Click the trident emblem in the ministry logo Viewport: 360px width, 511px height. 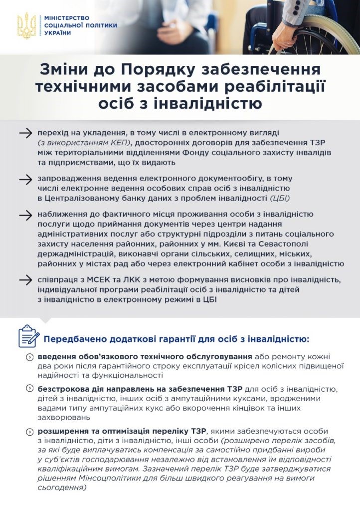point(25,25)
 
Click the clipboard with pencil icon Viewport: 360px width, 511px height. point(28,336)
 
